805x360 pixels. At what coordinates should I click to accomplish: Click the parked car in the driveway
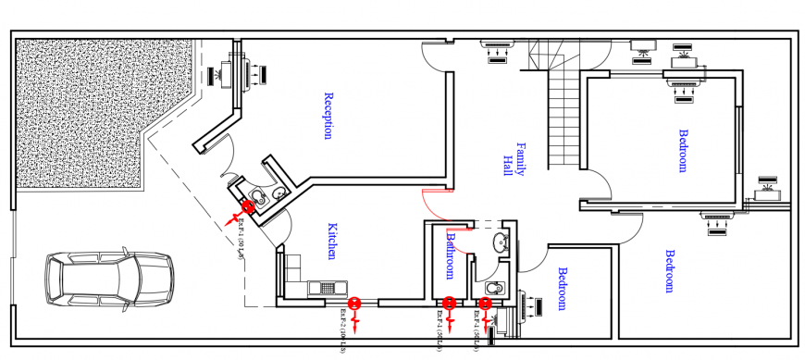point(109,279)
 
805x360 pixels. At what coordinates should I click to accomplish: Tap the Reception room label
point(328,116)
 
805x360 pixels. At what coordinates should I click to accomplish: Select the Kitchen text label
point(330,241)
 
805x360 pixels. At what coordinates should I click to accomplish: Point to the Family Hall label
point(514,159)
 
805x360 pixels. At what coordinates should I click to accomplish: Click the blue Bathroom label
point(451,255)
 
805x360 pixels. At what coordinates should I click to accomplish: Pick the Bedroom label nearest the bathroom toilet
point(561,290)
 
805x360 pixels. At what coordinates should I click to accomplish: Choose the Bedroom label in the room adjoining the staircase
point(684,150)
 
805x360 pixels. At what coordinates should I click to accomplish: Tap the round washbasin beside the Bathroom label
point(500,243)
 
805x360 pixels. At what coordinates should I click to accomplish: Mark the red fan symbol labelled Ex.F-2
point(353,304)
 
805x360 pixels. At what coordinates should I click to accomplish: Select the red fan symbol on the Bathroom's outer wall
point(450,304)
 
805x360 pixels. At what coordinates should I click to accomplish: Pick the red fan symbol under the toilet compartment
point(485,304)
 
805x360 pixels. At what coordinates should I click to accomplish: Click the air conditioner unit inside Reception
point(247,71)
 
